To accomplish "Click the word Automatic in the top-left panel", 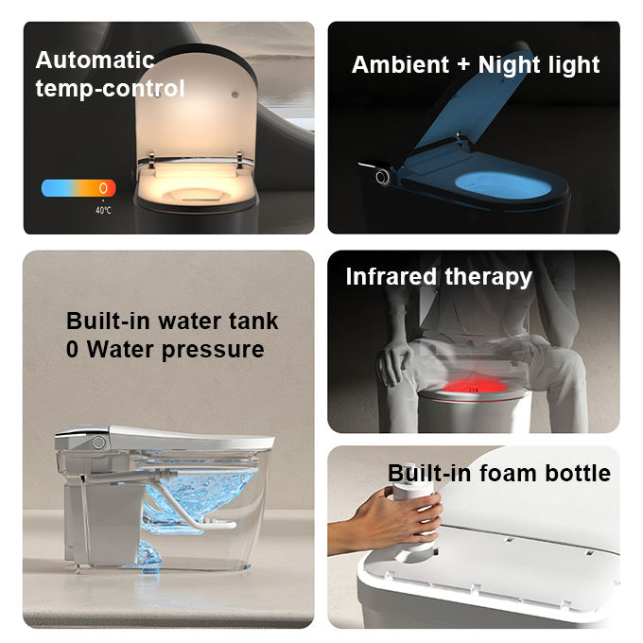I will [x=95, y=61].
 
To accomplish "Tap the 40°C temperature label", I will [x=102, y=210].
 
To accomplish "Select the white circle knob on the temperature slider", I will [x=102, y=188].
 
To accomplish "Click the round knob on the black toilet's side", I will [x=382, y=177].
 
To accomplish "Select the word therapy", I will [x=489, y=278].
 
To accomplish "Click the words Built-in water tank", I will [x=172, y=321].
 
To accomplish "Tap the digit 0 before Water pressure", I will [x=73, y=350].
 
